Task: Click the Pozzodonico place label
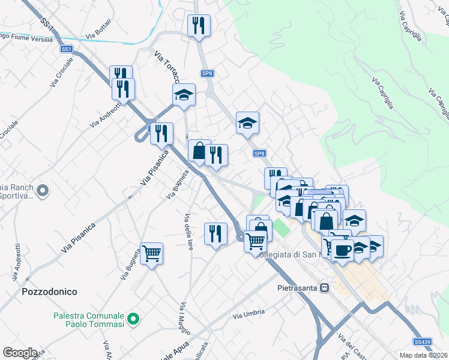pyautogui.click(x=49, y=292)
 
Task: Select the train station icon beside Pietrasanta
pyautogui.click(x=325, y=287)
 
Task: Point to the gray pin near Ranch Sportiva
pyautogui.click(x=42, y=191)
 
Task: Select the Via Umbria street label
pyautogui.click(x=245, y=314)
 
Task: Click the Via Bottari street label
pyautogui.click(x=98, y=29)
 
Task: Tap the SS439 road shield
pyautogui.click(x=423, y=341)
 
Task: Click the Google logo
pyautogui.click(x=20, y=353)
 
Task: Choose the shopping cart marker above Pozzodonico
pyautogui.click(x=151, y=254)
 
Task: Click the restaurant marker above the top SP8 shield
pyautogui.click(x=199, y=26)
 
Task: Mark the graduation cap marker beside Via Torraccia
pyautogui.click(x=184, y=95)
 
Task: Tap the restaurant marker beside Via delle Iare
pyautogui.click(x=215, y=233)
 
